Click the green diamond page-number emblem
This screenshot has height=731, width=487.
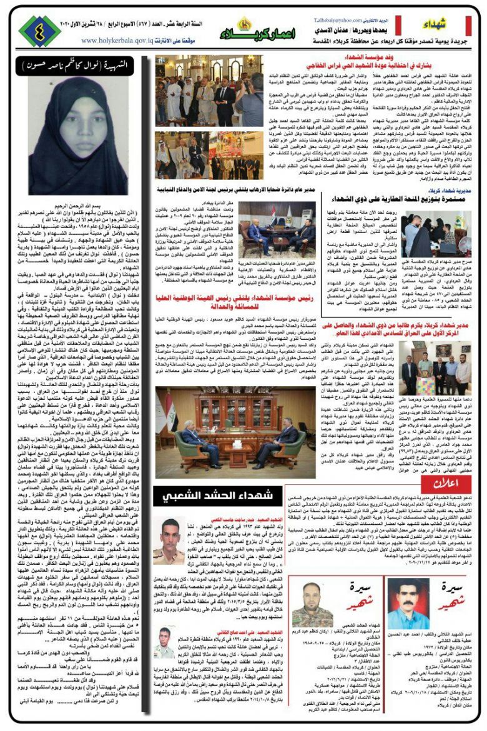point(39,29)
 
